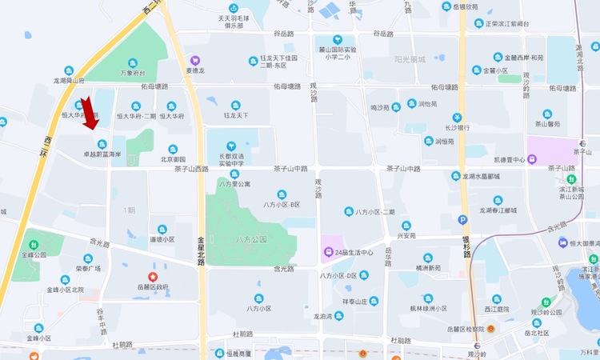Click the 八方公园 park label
(x=250, y=239)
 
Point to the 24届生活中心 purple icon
(x=328, y=253)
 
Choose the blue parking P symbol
(x=463, y=220)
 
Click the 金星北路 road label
(x=201, y=250)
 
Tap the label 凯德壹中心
(x=508, y=159)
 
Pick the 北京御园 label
(x=172, y=159)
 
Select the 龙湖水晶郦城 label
(x=480, y=176)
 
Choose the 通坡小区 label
(x=162, y=238)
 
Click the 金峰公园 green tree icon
(x=34, y=244)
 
